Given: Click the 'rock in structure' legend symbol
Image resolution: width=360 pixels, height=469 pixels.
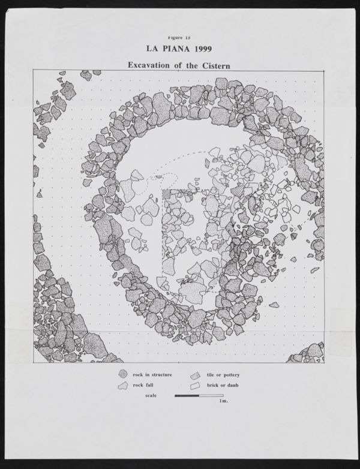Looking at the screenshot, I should click(123, 375).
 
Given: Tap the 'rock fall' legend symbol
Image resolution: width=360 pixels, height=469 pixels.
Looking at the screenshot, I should click(123, 385).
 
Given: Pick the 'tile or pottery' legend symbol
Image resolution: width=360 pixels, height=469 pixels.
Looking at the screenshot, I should click(195, 375).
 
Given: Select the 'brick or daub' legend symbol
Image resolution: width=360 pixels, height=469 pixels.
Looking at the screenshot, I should click(195, 385).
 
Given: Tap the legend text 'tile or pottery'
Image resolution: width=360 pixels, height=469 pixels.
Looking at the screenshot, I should click(223, 375).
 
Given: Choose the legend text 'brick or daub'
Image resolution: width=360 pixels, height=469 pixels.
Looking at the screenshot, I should click(223, 385).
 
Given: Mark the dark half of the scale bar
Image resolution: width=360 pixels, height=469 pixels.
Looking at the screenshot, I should click(187, 395).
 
